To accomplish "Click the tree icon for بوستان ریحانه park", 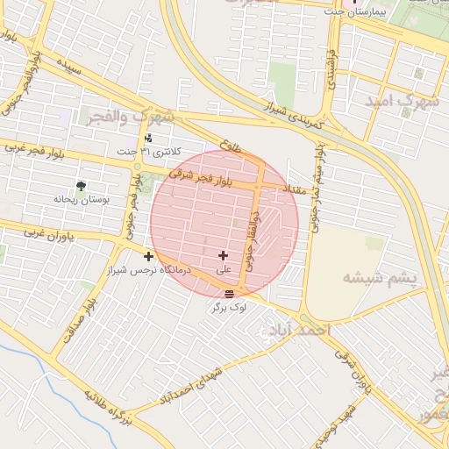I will point(81,186).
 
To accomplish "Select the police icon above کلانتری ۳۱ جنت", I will point(148,138).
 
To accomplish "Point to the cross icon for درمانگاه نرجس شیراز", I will point(148,256).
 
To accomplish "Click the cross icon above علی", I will point(223,255).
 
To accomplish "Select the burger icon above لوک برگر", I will point(229,294).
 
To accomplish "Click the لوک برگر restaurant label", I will point(229,308).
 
